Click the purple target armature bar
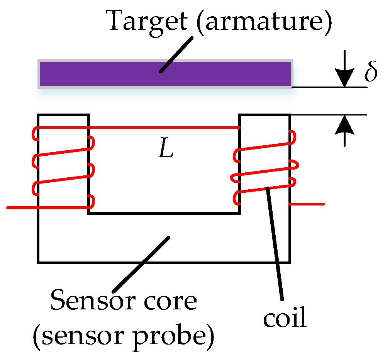coord(116,73)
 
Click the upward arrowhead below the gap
coord(344,123)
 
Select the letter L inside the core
coord(166,151)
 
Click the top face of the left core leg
coord(63,115)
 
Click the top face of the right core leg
coord(265,115)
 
